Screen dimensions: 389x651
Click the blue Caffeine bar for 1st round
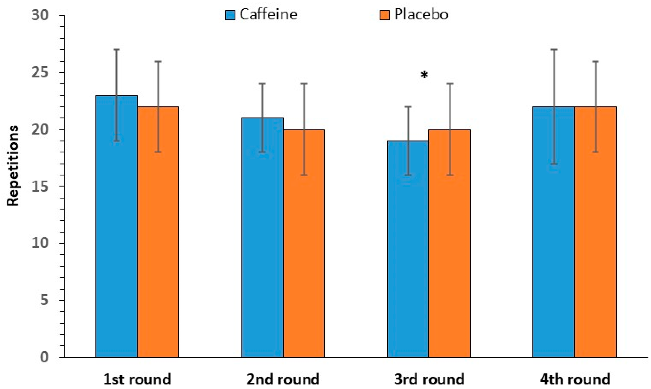pos(116,231)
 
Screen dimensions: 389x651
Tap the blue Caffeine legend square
pos(230,15)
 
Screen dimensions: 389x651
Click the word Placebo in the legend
pos(421,14)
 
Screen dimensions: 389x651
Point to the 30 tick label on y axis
pos(40,15)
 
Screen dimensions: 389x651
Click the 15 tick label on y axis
pos(40,186)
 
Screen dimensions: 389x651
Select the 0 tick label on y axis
pos(44,357)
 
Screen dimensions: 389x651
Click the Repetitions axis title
pos(13,166)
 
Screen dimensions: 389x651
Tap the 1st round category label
pos(137,379)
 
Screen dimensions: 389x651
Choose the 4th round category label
pos(575,379)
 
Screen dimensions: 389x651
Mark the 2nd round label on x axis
pos(283,379)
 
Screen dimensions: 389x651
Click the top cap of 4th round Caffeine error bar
pos(554,50)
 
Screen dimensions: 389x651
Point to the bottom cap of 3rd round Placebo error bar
pos(450,175)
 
